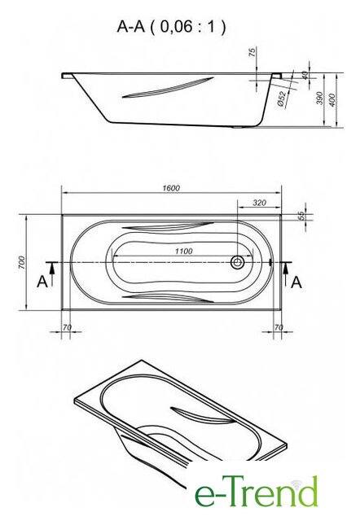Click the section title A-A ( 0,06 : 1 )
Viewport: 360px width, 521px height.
[171, 27]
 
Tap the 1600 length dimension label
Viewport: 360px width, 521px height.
[171, 188]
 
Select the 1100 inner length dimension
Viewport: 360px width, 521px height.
[184, 252]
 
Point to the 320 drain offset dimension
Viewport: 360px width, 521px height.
[260, 203]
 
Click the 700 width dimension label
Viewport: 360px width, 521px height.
[22, 262]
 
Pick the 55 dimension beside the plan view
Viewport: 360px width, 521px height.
[301, 216]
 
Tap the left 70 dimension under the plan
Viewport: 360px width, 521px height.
[67, 327]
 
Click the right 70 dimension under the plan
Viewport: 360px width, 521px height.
[279, 327]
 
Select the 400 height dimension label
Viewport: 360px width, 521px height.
[331, 100]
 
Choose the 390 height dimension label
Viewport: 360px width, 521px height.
[319, 99]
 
